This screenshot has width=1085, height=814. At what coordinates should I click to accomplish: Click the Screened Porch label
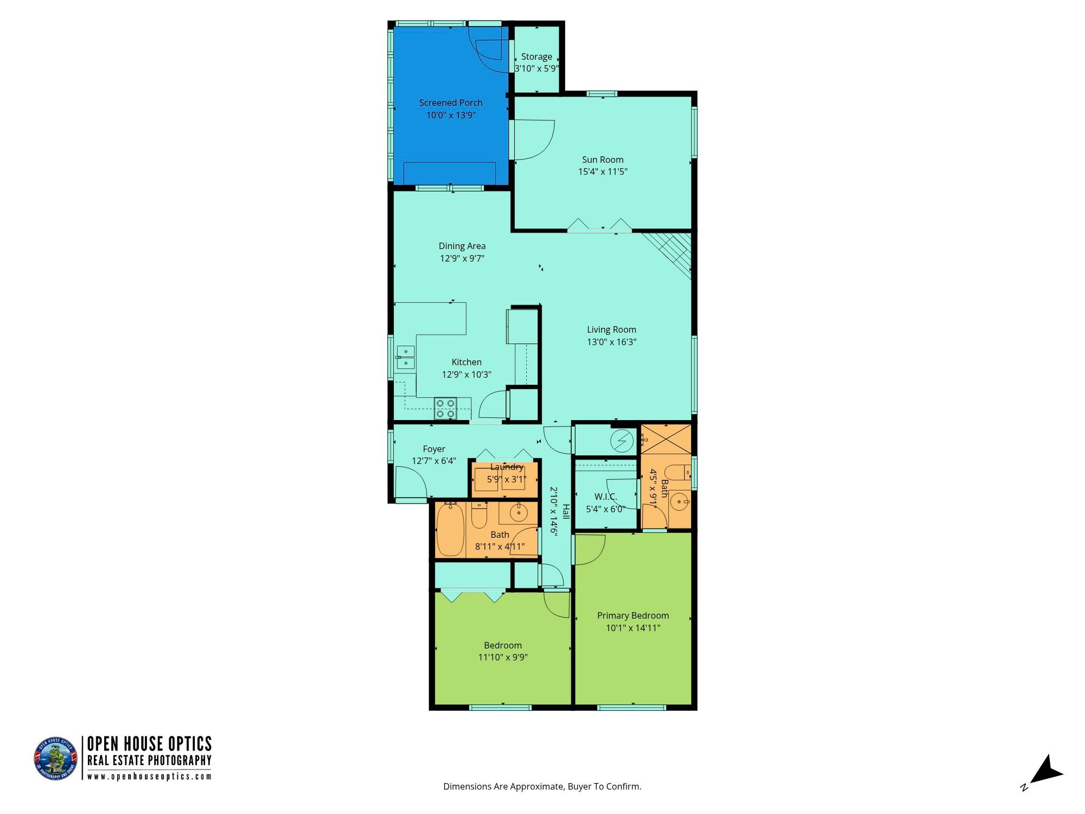[x=451, y=103]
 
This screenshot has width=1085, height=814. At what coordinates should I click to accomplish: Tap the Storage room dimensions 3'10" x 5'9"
[x=537, y=68]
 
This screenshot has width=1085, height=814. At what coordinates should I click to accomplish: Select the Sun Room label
[x=603, y=160]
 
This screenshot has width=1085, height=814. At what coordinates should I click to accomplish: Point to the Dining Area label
[x=462, y=246]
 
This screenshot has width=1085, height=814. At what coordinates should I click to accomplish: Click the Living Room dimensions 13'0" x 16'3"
[x=611, y=342]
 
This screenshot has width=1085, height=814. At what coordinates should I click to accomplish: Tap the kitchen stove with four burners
[x=445, y=408]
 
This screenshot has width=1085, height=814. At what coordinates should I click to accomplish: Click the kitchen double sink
[x=405, y=358]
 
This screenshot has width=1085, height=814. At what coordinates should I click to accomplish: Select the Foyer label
[x=434, y=449]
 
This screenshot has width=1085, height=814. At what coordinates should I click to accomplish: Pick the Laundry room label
[x=507, y=467]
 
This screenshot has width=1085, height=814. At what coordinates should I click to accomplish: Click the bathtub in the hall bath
[x=450, y=530]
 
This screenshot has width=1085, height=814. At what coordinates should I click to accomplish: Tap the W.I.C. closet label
[x=605, y=497]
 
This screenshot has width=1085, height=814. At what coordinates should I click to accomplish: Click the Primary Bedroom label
[x=633, y=615]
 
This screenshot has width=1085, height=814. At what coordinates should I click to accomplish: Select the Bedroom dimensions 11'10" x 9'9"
[x=503, y=657]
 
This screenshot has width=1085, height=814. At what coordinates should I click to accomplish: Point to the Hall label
[x=566, y=511]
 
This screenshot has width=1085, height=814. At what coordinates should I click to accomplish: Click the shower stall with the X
[x=666, y=438]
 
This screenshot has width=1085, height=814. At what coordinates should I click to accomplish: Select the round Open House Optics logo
[x=55, y=759]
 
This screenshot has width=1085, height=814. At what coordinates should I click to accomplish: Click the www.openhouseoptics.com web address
[x=150, y=776]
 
